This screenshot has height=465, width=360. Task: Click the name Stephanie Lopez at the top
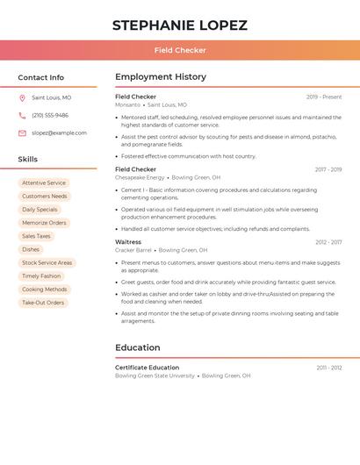pos(179,25)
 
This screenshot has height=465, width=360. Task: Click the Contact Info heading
pos(40,77)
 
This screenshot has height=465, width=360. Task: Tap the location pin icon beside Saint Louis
pos(22,97)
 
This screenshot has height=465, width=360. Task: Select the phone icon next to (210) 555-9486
pos(22,115)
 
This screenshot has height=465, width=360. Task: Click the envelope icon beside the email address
pos(22,132)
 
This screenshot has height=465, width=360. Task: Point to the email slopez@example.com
pos(59,132)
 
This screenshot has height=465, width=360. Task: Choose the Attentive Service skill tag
pos(44,183)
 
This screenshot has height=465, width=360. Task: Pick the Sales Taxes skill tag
pos(36,236)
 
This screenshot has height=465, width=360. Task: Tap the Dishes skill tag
pos(31,249)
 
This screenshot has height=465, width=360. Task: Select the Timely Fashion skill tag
pos(41,275)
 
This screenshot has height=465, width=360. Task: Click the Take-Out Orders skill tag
pos(43,303)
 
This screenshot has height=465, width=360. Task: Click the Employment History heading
pos(161,77)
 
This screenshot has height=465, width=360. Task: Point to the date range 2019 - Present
pos(324,97)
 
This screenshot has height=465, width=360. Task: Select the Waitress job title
pos(128,241)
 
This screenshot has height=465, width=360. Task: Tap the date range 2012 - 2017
pos(328,241)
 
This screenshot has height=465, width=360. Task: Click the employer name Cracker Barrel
pos(133,250)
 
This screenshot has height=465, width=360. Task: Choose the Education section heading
pos(138,347)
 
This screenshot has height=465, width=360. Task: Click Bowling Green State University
pos(155,376)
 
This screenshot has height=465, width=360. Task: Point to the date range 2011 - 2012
pos(329,368)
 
